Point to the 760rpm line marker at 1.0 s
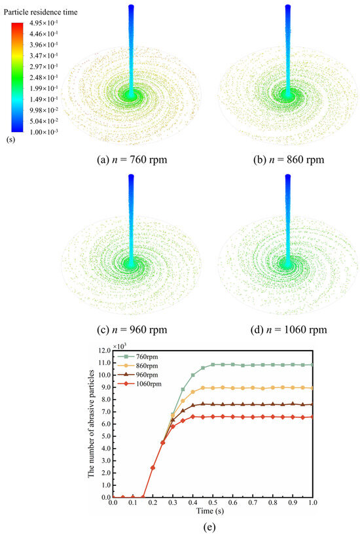[x=313, y=365]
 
